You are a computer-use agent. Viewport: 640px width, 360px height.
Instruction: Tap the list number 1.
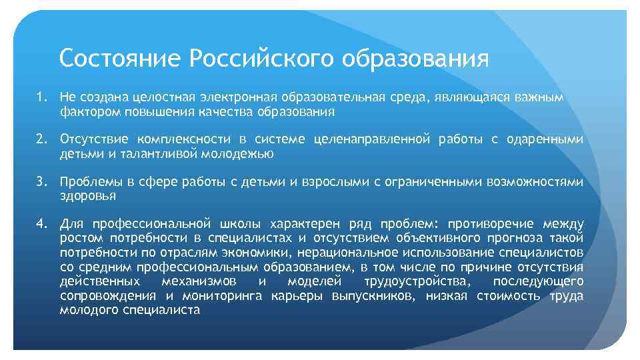pos(41,98)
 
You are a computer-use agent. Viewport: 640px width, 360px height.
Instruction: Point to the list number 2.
pos(41,139)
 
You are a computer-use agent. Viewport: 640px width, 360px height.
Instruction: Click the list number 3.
pos(41,181)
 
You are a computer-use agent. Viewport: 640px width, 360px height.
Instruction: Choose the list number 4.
pos(41,223)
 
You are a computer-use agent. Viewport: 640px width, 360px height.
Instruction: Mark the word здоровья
pos(88,196)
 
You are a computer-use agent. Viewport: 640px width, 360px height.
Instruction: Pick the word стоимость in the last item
pos(507,296)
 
